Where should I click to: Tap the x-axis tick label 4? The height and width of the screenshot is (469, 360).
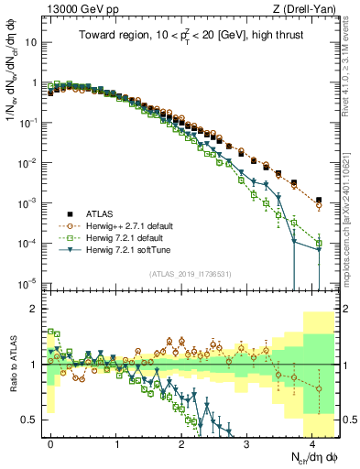pyautogui.click(x=313, y=441)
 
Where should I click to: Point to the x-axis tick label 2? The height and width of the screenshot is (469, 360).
pyautogui.click(x=182, y=441)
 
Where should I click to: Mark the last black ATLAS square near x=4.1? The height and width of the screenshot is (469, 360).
pyautogui.click(x=318, y=200)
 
